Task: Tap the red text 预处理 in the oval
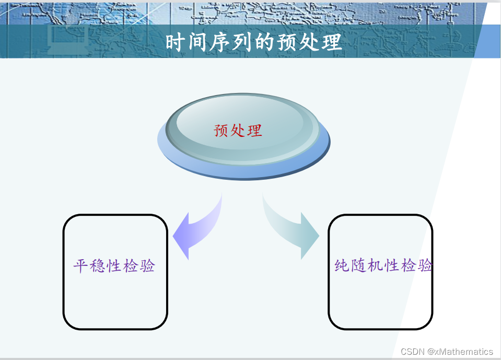coord(238,130)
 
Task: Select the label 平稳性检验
coord(114,266)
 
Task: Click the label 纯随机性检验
coord(383,265)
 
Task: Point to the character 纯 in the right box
coord(342,265)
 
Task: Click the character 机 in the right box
coord(376,265)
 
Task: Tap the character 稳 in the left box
coord(98,266)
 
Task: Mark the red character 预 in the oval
coord(222,130)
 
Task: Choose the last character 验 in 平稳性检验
coord(147,266)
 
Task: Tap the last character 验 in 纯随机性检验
coord(425,265)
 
